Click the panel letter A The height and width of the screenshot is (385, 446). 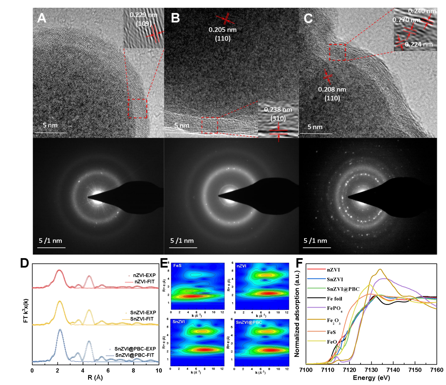point(42,18)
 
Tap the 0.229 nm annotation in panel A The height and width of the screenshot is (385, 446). point(140,15)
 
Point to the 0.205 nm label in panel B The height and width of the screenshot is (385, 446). point(220,30)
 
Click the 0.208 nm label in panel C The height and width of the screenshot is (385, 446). point(332,89)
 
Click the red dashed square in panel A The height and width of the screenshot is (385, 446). point(137,108)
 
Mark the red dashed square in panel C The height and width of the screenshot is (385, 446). point(337,52)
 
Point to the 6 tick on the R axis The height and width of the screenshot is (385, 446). point(108,370)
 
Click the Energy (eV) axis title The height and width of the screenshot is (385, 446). point(371,378)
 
